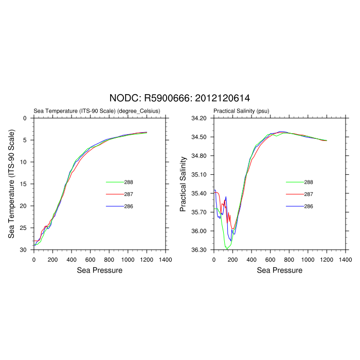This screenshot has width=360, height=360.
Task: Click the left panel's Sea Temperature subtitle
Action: pos(97,111)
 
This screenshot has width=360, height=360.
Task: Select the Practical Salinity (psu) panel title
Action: pos(241,111)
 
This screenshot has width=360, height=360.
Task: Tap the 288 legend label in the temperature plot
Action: pos(129,182)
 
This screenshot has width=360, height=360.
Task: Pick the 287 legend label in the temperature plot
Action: pos(129,194)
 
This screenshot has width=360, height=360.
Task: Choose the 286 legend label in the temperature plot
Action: pos(129,206)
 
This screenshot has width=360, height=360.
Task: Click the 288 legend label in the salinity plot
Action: pos(309,182)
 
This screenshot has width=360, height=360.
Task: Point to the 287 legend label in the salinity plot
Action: pos(309,194)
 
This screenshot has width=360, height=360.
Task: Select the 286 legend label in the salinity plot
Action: pos(309,206)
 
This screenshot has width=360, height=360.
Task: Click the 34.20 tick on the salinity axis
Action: pos(199,118)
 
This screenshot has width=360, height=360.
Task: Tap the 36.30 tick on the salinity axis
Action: pos(199,250)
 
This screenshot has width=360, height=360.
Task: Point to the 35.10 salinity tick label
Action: pos(199,175)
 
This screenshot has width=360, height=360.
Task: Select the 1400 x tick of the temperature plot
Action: pos(165,260)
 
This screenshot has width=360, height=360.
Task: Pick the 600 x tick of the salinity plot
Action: pos(270,260)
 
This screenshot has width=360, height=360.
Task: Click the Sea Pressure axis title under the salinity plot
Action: pos(279,270)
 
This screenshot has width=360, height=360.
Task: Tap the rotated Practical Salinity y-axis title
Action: pos(183,184)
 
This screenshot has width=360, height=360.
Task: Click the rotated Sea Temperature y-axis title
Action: pos(11,184)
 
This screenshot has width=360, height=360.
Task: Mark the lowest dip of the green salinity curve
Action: pos(227,249)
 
